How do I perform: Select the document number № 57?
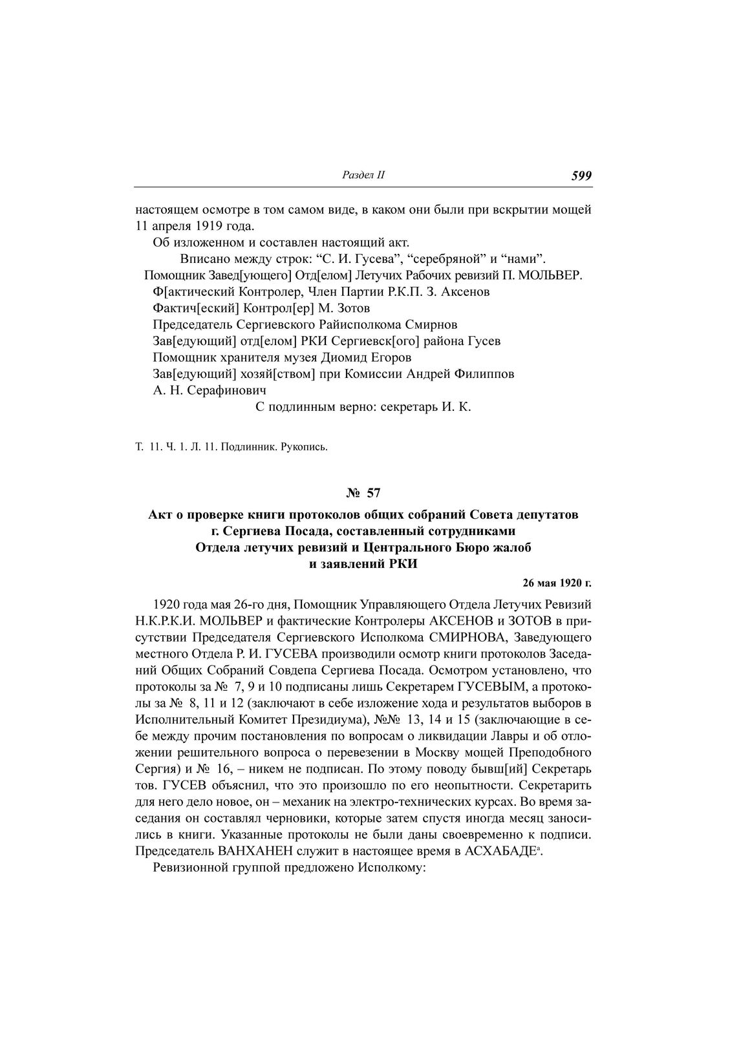click(x=363, y=494)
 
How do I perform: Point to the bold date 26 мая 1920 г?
click(x=557, y=583)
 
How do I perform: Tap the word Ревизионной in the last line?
click(x=191, y=868)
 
